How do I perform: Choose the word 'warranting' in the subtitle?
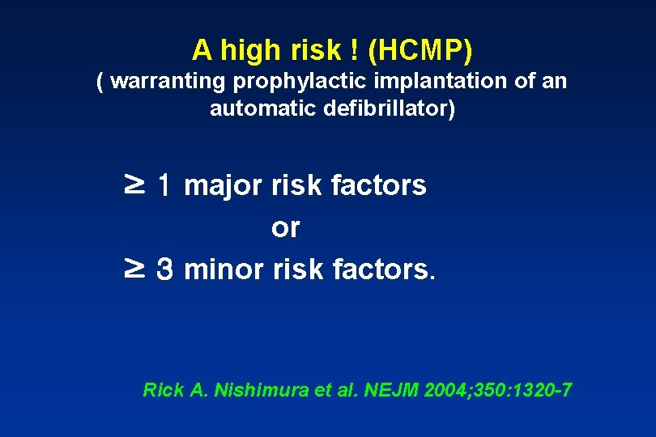169,82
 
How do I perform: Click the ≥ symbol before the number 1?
134,185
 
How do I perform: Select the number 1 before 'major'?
164,186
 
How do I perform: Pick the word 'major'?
223,186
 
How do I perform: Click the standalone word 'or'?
285,227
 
